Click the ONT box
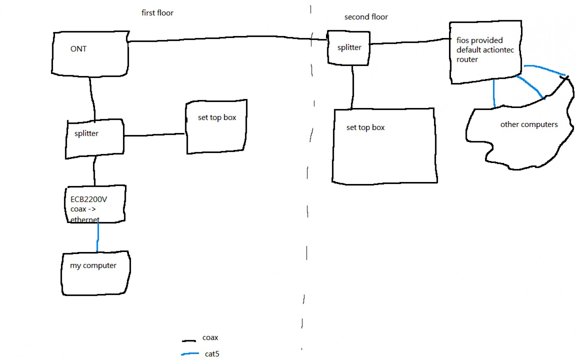[90, 53]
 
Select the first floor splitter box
[95, 138]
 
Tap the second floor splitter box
[349, 48]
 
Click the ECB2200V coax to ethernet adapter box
[95, 204]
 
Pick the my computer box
[95, 273]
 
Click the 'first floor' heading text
[157, 13]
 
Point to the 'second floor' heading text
[366, 17]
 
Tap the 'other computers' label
[529, 125]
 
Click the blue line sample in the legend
[190, 354]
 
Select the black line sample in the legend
[189, 341]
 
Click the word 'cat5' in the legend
[212, 354]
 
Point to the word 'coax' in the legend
[210, 338]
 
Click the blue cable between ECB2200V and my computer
[98, 237]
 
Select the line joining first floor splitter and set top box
[154, 135]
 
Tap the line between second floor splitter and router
[409, 42]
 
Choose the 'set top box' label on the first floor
[217, 117]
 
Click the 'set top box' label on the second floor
[365, 127]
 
